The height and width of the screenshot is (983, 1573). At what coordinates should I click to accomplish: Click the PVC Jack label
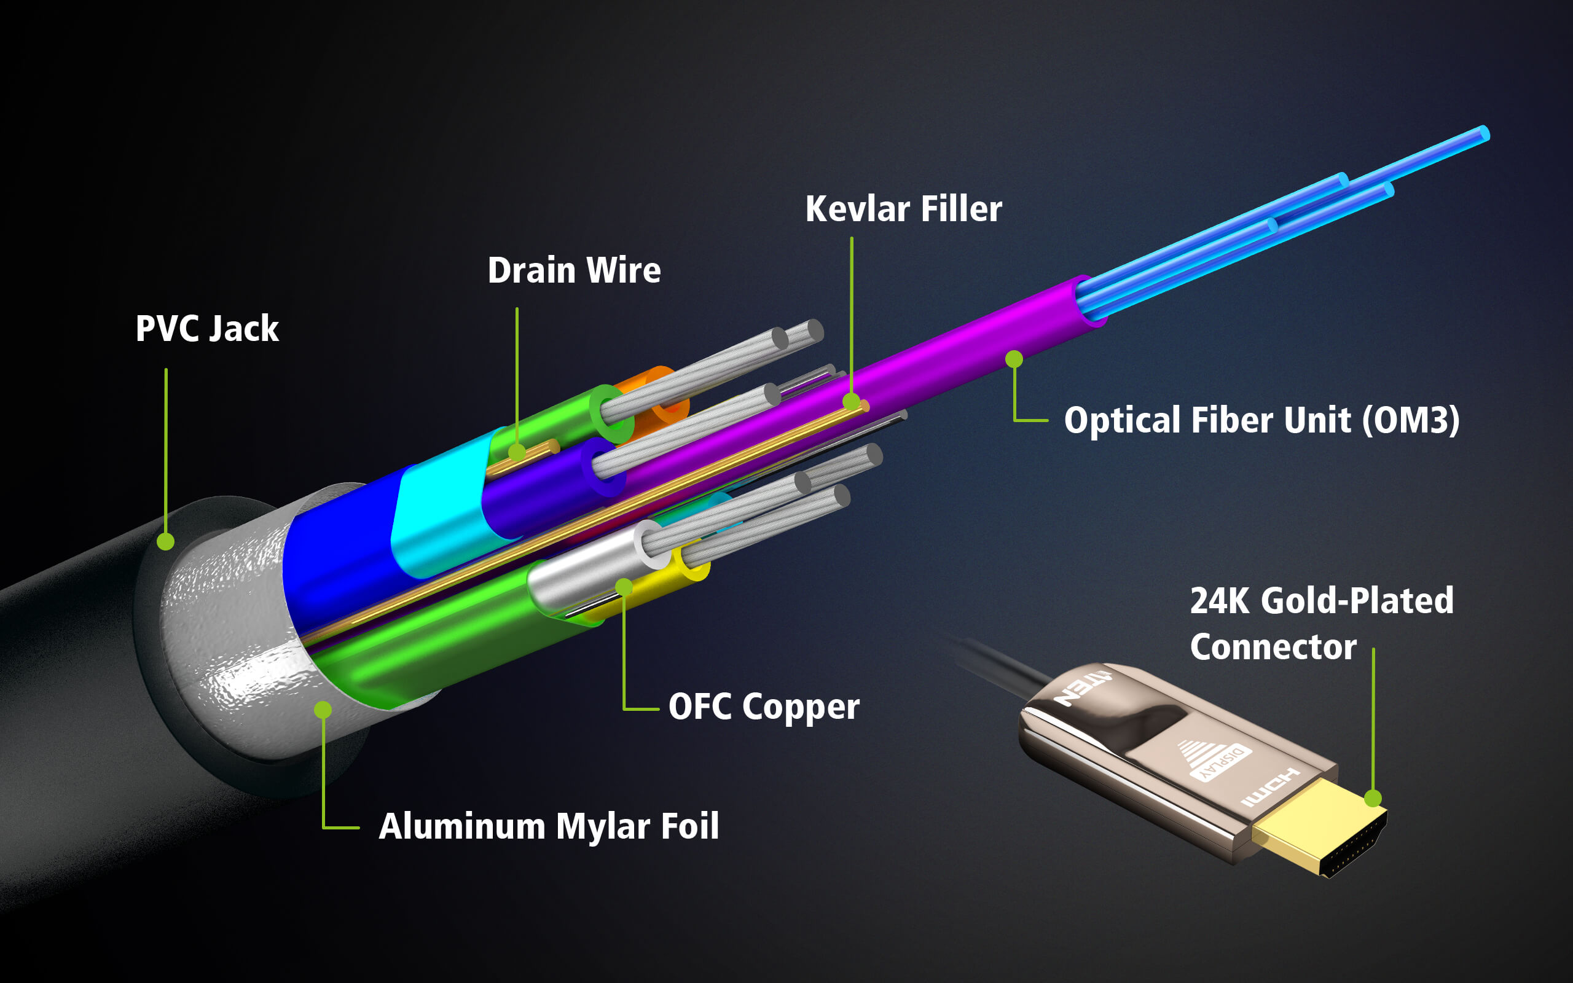tap(206, 328)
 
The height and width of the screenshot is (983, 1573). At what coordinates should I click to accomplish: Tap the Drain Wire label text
tap(574, 270)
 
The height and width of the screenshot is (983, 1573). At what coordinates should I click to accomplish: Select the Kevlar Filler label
tap(903, 210)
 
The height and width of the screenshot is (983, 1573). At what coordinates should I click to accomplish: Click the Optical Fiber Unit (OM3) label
tap(1261, 420)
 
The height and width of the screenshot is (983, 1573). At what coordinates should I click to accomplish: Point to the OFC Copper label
tap(764, 707)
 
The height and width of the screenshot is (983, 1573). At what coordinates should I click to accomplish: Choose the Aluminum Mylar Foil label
tap(549, 826)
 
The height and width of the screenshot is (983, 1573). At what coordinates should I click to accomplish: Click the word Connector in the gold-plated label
tap(1273, 647)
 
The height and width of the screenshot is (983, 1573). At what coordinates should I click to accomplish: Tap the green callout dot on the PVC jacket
tap(166, 541)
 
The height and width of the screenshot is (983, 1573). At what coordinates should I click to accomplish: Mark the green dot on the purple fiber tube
tap(1014, 359)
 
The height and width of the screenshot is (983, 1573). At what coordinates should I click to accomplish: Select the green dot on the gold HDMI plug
tap(1373, 798)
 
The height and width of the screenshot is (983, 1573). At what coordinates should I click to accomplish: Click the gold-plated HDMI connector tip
tap(1319, 829)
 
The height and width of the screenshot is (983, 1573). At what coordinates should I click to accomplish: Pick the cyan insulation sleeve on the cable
tap(442, 514)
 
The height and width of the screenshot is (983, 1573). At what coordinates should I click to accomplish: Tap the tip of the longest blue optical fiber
tap(1485, 133)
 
